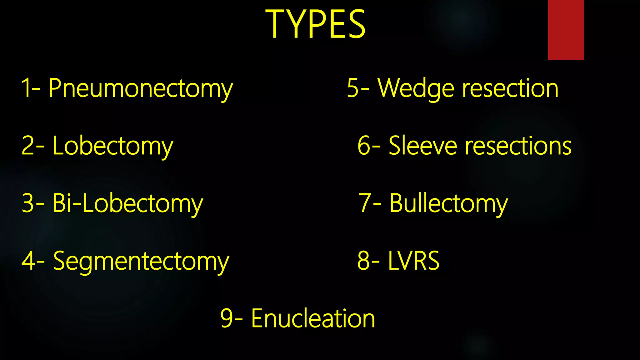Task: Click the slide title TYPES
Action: (x=315, y=24)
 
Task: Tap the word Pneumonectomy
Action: (x=141, y=88)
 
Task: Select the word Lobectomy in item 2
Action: (x=113, y=146)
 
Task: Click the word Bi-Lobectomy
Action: (x=128, y=203)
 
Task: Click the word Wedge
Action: (x=416, y=88)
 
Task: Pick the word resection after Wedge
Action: (x=510, y=88)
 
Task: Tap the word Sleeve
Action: (x=422, y=146)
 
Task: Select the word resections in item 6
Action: (x=518, y=146)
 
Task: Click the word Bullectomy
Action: (x=449, y=203)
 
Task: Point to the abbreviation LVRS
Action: (x=414, y=261)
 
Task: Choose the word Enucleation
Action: (x=313, y=318)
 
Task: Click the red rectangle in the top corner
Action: (x=566, y=30)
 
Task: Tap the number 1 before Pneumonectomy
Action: (x=26, y=88)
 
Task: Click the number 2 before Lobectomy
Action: (x=28, y=146)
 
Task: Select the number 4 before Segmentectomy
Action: (x=28, y=261)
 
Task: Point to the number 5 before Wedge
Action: (x=353, y=88)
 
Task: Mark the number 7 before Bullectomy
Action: (x=365, y=203)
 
